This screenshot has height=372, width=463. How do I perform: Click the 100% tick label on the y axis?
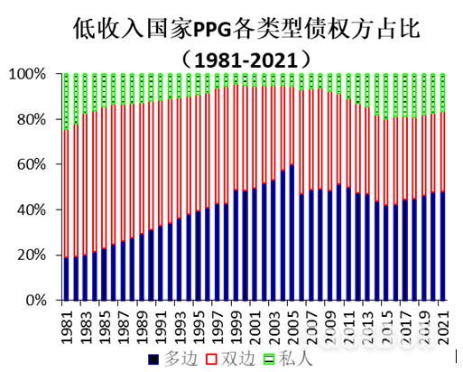point(31,74)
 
